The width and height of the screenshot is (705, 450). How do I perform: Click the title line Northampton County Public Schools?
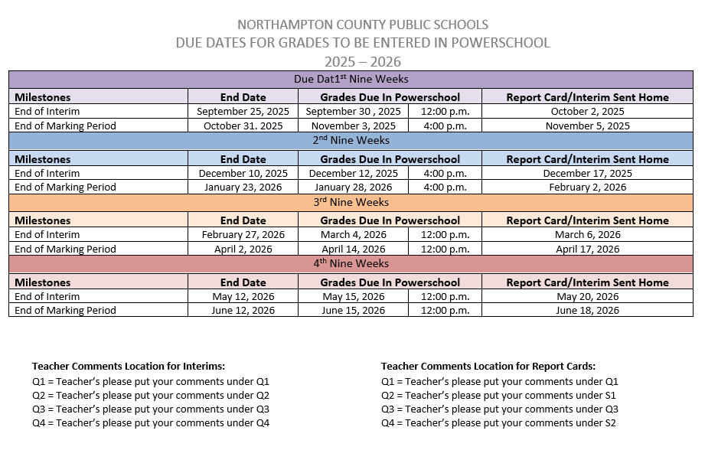(362, 25)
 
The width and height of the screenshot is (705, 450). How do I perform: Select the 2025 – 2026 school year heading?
(362, 62)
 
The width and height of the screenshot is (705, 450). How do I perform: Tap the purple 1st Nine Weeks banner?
(351, 79)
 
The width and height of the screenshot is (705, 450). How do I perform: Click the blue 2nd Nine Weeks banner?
(351, 141)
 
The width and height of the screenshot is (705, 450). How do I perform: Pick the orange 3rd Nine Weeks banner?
(351, 202)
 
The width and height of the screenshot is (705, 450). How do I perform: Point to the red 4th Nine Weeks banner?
(351, 264)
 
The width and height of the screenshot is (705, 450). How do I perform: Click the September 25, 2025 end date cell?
(243, 112)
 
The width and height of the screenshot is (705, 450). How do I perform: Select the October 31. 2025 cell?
(243, 126)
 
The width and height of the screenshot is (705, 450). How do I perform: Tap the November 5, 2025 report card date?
(587, 126)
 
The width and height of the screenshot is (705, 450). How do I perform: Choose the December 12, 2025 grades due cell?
(353, 173)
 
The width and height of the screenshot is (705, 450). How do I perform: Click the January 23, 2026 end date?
(243, 187)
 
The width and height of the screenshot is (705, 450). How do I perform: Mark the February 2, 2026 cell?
(587, 187)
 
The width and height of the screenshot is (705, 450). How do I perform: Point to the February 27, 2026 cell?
(243, 235)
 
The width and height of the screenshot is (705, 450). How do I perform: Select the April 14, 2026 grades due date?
(353, 249)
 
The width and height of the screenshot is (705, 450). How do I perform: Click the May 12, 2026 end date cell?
(243, 296)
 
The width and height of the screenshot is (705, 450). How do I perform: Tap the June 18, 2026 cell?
(587, 310)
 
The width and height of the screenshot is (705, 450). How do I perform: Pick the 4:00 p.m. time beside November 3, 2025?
(445, 126)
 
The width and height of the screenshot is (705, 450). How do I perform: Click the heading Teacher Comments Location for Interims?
(129, 366)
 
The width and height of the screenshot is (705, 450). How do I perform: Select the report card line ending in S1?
(498, 396)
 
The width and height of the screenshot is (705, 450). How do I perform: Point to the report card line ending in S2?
(498, 423)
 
